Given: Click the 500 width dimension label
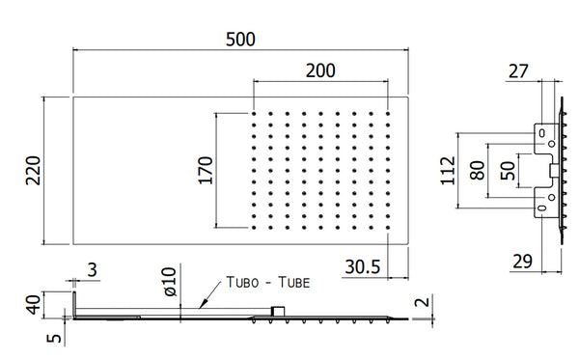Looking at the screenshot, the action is pyautogui.click(x=240, y=40).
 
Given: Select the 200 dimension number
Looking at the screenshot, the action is pyautogui.click(x=320, y=70).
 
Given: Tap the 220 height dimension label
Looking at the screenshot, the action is pyautogui.click(x=33, y=170).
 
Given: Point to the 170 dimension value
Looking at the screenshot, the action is pyautogui.click(x=206, y=170).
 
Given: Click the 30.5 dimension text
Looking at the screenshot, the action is pyautogui.click(x=362, y=266).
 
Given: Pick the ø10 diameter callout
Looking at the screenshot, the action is pyautogui.click(x=170, y=282).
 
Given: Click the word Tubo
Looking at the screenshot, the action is pyautogui.click(x=242, y=283).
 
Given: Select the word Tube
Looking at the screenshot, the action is pyautogui.click(x=294, y=283).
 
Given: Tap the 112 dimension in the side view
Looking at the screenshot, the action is pyautogui.click(x=448, y=170).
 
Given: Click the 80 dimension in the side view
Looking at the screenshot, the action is pyautogui.click(x=477, y=170).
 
